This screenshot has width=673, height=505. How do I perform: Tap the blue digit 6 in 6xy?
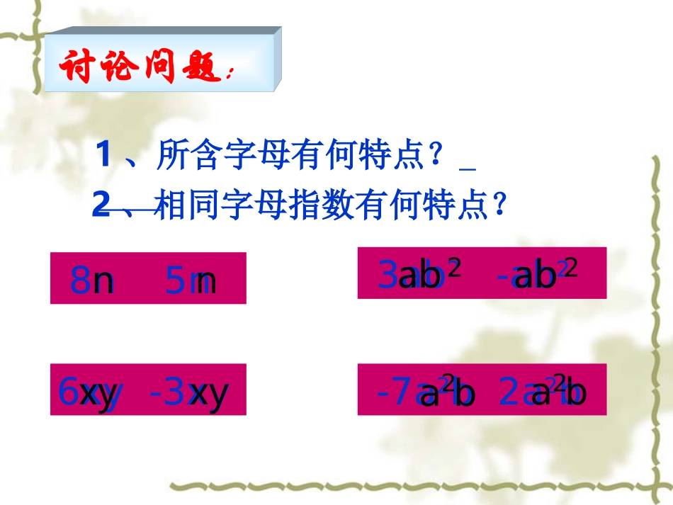coord(67,390)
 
